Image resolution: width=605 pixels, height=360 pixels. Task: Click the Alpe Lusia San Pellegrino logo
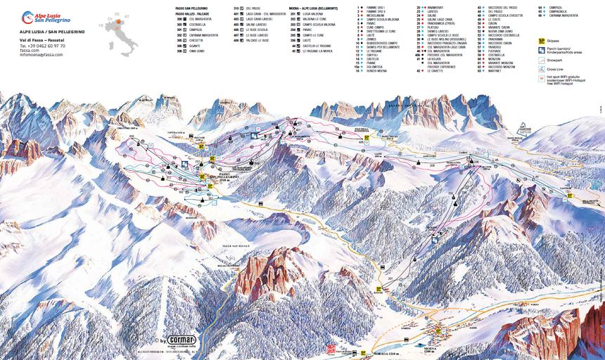(46, 17)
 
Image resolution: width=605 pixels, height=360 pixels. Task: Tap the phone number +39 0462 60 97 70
(42, 46)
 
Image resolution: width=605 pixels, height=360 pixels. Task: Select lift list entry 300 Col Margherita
(193, 19)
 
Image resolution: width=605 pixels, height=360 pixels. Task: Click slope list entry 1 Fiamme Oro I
(373, 8)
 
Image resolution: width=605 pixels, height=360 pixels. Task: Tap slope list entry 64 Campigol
(553, 8)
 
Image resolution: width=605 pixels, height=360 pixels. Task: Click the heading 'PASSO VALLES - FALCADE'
(194, 13)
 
